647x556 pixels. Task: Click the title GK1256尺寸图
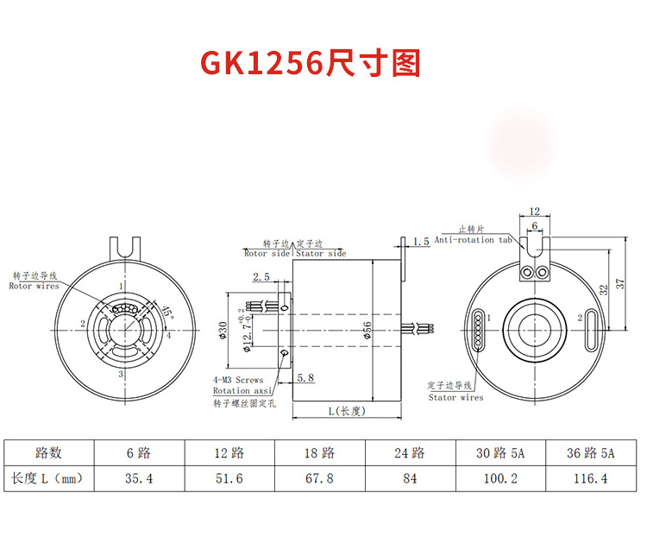311,62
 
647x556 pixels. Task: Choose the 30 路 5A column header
499,452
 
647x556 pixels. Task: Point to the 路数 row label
48,452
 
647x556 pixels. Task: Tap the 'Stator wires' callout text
455,398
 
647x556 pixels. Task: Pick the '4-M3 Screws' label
238,380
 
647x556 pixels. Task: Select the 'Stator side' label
321,254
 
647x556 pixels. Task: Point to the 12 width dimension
534,211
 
